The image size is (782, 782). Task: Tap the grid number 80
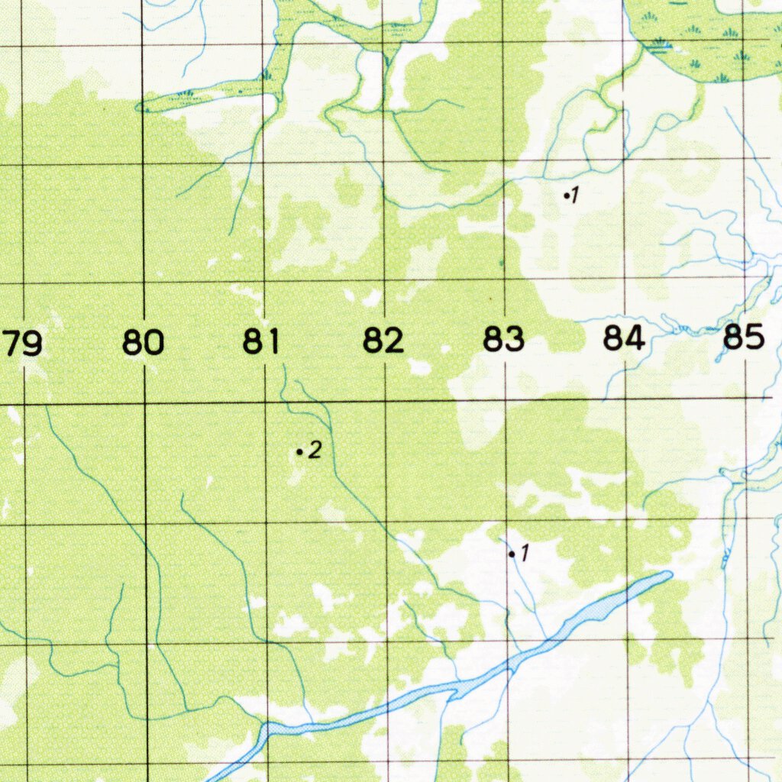[143, 342]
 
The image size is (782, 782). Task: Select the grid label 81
[263, 341]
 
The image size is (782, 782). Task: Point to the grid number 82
[383, 341]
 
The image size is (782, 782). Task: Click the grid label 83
[503, 339]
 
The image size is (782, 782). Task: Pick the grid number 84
[624, 338]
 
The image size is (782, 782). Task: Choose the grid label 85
[744, 337]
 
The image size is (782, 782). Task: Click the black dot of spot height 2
[299, 453]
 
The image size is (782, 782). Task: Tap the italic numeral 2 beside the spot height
[315, 451]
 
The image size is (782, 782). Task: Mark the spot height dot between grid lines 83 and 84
[566, 196]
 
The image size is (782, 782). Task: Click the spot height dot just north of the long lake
[512, 554]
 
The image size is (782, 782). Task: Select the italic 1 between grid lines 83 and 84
[576, 195]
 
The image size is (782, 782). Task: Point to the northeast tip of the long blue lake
[670, 574]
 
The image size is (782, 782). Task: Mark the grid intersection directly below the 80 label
[144, 402]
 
